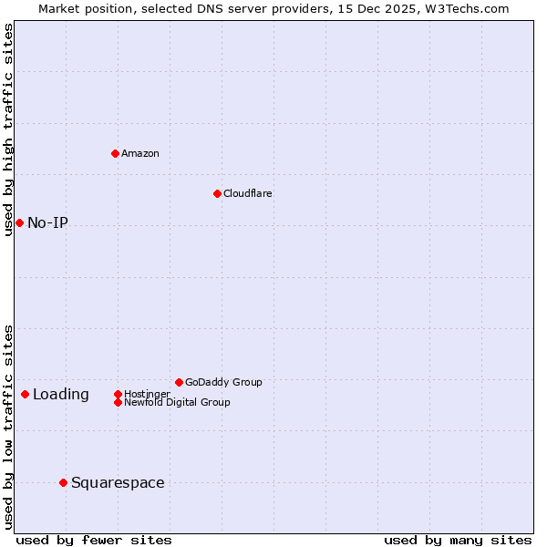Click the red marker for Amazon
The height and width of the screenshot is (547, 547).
click(115, 153)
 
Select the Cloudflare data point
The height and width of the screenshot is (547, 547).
click(217, 193)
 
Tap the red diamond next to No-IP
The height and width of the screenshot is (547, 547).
click(19, 222)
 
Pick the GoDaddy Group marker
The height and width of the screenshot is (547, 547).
click(179, 382)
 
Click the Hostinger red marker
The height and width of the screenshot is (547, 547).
click(118, 394)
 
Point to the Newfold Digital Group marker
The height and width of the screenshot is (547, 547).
click(118, 402)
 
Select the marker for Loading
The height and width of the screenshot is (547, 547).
click(25, 394)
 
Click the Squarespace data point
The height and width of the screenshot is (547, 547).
click(63, 482)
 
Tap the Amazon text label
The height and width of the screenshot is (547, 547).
click(140, 153)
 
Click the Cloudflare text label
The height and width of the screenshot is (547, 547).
click(248, 193)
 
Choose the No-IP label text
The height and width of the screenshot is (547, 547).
click(47, 222)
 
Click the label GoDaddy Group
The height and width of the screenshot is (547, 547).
click(223, 382)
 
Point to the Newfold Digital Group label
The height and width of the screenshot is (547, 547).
click(177, 402)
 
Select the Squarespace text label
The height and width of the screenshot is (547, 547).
click(118, 482)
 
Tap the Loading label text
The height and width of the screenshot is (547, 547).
click(61, 394)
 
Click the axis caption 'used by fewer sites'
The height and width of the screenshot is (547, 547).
click(94, 540)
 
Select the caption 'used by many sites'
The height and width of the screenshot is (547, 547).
click(458, 540)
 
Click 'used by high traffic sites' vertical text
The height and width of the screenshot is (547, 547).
click(8, 129)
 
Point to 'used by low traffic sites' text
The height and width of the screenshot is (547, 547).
click(8, 427)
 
